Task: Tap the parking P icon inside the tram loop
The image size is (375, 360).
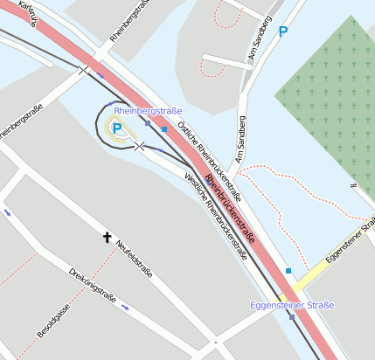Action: [116, 129]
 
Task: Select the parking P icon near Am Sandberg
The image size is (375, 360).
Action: [282, 31]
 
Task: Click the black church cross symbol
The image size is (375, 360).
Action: [108, 237]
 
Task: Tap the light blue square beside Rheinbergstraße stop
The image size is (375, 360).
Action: [163, 129]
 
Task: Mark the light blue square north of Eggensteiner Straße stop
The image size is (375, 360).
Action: [288, 271]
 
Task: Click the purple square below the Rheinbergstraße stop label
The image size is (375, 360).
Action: [148, 122]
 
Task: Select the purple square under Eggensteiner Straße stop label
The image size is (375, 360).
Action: [291, 316]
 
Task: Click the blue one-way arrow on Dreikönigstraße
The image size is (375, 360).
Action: [125, 307]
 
